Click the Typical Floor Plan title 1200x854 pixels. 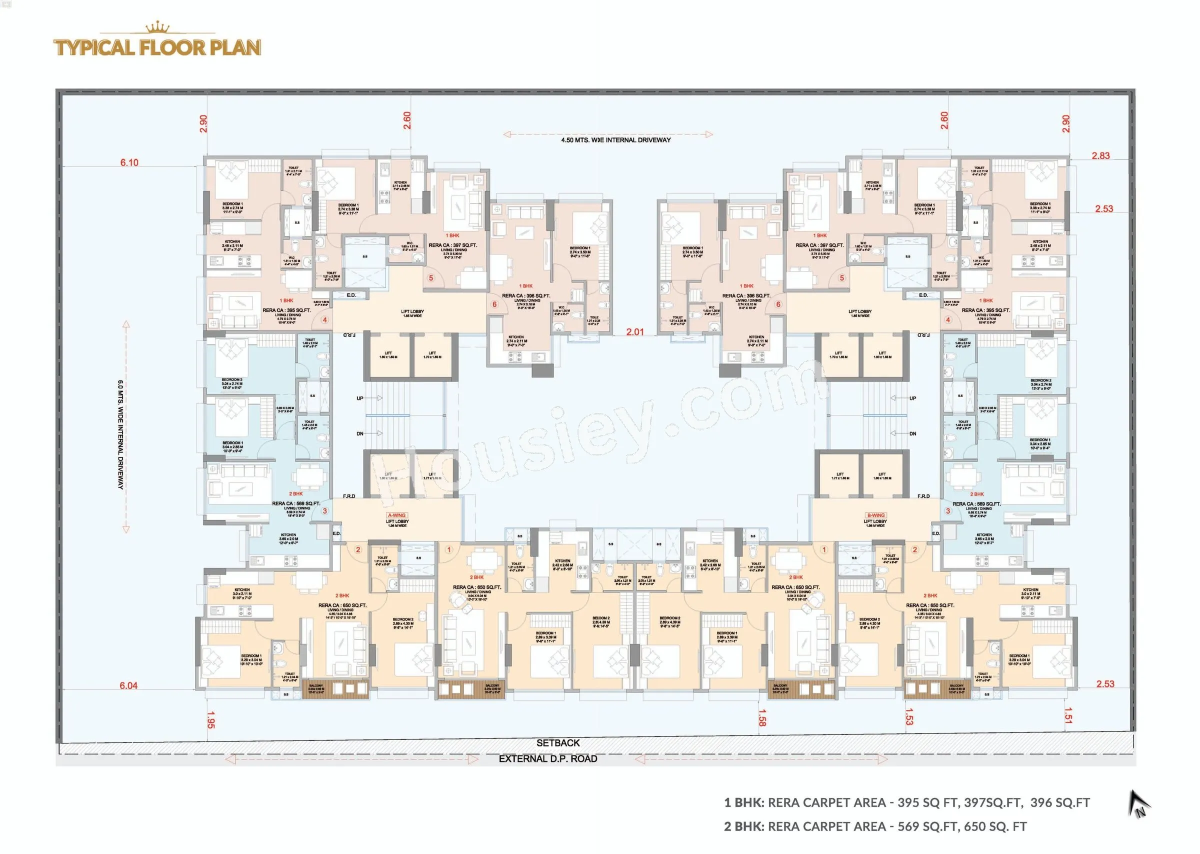point(157,47)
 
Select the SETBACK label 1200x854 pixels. point(558,743)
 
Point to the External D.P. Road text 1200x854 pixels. point(548,759)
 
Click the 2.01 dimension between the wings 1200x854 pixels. point(634,332)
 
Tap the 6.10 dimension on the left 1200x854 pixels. point(129,162)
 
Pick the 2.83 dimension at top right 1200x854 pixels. point(1100,155)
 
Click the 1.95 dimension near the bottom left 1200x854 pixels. point(210,720)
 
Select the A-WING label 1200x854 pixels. point(396,515)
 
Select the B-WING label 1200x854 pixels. point(875,515)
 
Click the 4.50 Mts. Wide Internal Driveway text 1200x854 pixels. point(616,140)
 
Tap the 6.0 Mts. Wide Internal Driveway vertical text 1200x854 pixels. point(120,434)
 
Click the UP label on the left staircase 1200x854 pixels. point(359,398)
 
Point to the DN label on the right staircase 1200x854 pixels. point(912,434)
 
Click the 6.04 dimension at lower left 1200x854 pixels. point(128,685)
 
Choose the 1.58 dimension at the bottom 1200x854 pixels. point(762,718)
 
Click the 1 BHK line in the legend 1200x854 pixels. point(906,802)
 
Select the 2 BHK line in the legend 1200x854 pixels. point(875,826)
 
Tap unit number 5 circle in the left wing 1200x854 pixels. point(430,277)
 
